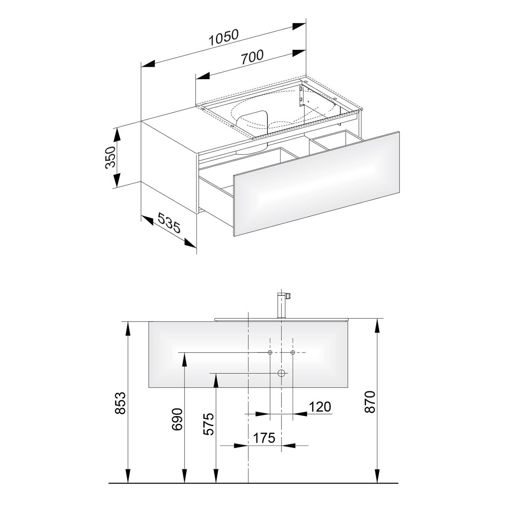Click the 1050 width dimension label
click(224, 38)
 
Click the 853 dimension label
click(120, 403)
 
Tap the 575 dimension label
click(209, 424)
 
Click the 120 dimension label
click(320, 407)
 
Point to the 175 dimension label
click(264, 438)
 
